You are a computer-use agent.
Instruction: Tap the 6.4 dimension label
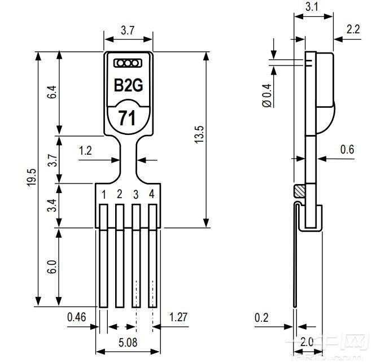pyautogui.click(x=52, y=93)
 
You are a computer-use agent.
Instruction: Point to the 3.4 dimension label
pyautogui.click(x=52, y=205)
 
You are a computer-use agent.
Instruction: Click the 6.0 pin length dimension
pyautogui.click(x=52, y=267)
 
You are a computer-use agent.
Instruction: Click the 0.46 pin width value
pyautogui.click(x=76, y=317)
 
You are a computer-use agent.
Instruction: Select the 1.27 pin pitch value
pyautogui.click(x=178, y=317)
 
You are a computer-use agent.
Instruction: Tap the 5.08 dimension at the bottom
pyautogui.click(x=127, y=342)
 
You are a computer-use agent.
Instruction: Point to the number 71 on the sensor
pyautogui.click(x=126, y=119)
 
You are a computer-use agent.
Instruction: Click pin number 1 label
pyautogui.click(x=104, y=194)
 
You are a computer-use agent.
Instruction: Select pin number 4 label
pyautogui.click(x=151, y=194)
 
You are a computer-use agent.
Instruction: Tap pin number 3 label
pyautogui.click(x=135, y=194)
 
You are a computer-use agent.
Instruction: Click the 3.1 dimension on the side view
pyautogui.click(x=312, y=7)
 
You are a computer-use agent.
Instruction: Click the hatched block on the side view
pyautogui.click(x=298, y=191)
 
